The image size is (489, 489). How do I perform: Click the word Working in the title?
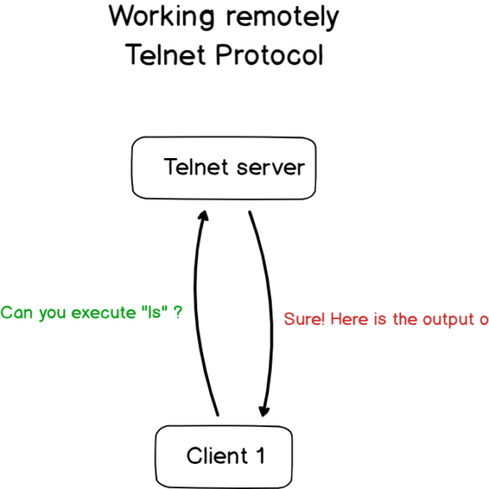162,18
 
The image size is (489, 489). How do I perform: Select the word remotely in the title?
283,18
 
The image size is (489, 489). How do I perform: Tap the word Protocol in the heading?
269,54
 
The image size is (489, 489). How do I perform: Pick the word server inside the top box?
271,168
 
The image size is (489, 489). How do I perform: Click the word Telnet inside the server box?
196,167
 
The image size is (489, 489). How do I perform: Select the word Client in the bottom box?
217,456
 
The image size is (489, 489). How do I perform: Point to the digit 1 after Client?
261,456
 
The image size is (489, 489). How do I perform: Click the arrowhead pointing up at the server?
204,216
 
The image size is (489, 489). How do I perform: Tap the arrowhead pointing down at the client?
264,411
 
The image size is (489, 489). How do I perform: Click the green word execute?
104,312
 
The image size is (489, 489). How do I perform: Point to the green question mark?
178,312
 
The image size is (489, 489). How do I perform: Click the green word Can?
17,313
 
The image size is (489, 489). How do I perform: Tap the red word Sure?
304,319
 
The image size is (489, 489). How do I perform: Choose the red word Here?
349,319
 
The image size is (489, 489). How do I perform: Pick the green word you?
53,313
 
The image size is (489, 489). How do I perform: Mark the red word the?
405,319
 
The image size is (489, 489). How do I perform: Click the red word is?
379,319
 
